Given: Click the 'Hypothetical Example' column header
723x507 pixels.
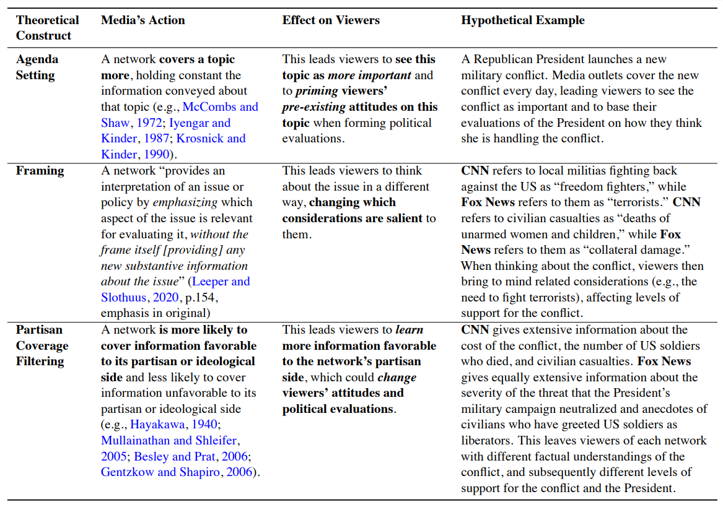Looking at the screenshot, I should (x=522, y=20).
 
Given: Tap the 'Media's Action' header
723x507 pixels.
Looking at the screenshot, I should (x=143, y=20).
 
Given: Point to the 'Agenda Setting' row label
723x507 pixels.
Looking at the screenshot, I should (x=37, y=67).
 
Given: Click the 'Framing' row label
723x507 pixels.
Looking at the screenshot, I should (x=40, y=171).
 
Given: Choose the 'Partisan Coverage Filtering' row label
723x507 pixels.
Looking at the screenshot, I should (x=42, y=345).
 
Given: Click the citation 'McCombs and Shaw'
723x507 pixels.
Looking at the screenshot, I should (x=220, y=107).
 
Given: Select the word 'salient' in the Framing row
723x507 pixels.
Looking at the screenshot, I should (x=406, y=219).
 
